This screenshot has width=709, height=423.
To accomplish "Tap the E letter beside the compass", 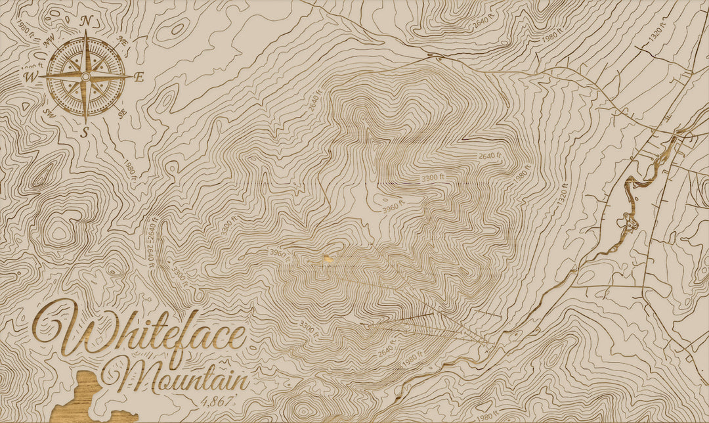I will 139,77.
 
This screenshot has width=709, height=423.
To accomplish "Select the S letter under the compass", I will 85,132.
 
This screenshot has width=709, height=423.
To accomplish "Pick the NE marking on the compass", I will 121,40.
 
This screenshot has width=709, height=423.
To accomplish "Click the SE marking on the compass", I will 121,113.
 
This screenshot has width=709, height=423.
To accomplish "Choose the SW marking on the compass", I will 49,113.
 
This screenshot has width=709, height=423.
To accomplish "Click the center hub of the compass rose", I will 85,76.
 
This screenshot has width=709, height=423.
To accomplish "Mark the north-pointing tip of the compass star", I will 85,34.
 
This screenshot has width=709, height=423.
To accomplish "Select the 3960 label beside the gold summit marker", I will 279,252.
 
